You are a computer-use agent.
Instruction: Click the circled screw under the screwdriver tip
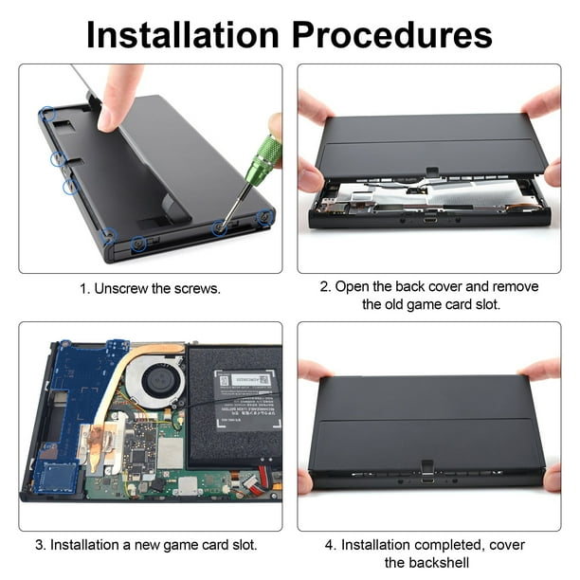[220, 227]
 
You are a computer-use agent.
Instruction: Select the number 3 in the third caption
[41, 545]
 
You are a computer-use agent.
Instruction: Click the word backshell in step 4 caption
[435, 564]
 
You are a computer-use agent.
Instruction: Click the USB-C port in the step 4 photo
[427, 479]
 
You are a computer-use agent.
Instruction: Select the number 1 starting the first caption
[83, 288]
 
